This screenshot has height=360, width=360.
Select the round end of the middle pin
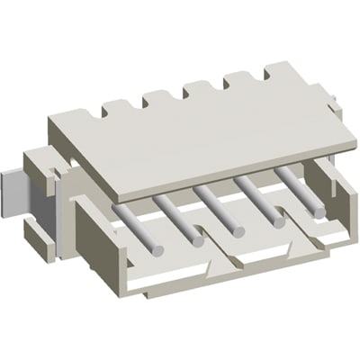(238, 233)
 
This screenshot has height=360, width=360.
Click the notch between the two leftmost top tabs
(136, 105)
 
